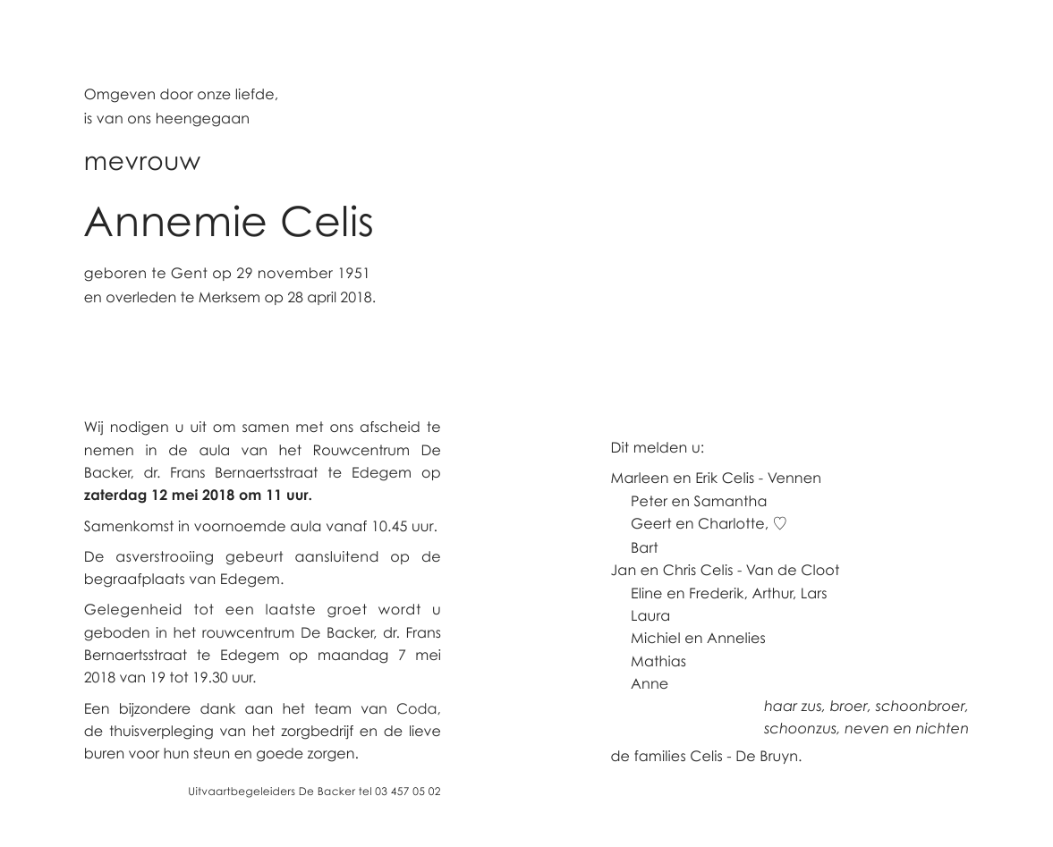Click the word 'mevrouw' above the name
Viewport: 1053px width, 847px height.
[x=142, y=163]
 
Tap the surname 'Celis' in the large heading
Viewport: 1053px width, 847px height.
[x=327, y=222]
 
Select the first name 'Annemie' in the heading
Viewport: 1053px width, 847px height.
[x=174, y=222]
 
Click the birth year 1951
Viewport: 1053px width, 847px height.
[x=353, y=274]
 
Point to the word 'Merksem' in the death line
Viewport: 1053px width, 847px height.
[x=229, y=298]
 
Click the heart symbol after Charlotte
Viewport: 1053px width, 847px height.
[x=779, y=524]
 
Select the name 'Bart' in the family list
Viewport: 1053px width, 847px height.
[x=644, y=547]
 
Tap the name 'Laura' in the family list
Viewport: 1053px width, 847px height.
[x=650, y=615]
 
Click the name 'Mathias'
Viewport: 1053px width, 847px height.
[x=658, y=661]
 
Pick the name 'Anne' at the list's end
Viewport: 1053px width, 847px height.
[x=650, y=684]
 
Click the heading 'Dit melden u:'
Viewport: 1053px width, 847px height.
[x=658, y=448]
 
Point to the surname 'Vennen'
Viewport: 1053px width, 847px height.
[x=794, y=479]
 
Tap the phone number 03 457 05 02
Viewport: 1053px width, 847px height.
[x=408, y=792]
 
